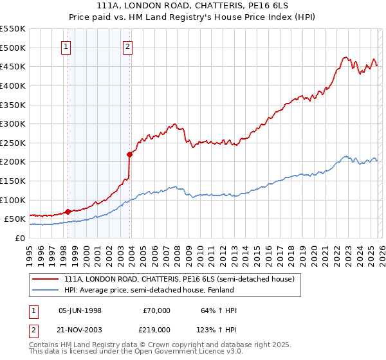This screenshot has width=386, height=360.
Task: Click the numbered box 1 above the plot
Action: pos(67,46)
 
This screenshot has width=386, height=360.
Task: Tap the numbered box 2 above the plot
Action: pos(127,46)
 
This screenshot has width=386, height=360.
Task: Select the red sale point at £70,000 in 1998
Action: pos(68,211)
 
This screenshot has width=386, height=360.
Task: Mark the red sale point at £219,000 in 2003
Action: pos(129,154)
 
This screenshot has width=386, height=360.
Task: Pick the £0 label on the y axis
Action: pos(19,238)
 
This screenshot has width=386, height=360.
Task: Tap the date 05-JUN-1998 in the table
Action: pos(80,310)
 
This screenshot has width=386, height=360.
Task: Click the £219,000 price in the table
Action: pos(156,328)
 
